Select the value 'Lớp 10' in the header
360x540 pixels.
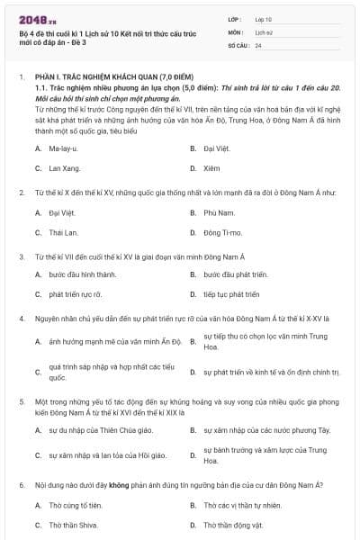pos(264,19)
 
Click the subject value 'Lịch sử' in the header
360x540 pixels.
pos(264,31)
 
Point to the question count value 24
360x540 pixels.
pos(259,44)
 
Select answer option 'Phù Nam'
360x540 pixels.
pos(219,212)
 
